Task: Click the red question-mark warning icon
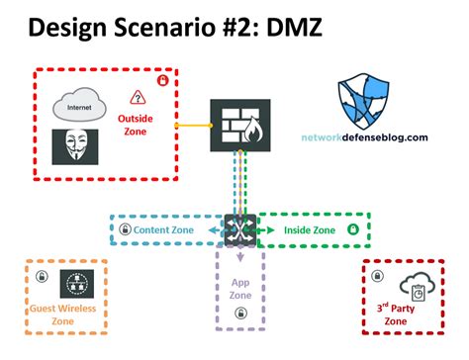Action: click(138, 97)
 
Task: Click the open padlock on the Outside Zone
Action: click(163, 80)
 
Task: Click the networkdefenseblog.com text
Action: click(366, 138)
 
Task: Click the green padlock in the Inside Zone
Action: click(353, 229)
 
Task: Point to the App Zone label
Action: click(240, 287)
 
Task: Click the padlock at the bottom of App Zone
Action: click(240, 315)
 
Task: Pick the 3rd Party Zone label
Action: click(398, 315)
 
